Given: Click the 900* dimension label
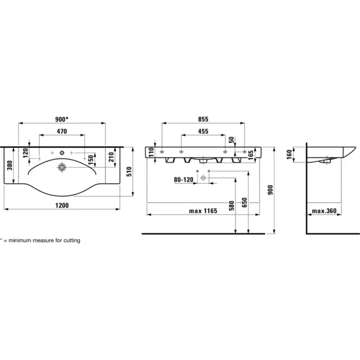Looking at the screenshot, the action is [62, 119].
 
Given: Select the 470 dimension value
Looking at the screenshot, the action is [62, 131].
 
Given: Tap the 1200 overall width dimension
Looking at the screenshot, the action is [62, 205].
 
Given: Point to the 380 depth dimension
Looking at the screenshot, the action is [10, 165].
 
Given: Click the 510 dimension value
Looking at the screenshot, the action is [129, 172].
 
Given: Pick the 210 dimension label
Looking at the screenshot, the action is [111, 157].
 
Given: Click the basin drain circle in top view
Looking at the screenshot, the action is [62, 167].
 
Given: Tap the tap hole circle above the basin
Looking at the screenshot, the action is [62, 152].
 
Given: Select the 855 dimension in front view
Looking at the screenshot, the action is [203, 119].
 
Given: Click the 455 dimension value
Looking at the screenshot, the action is [203, 131].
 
